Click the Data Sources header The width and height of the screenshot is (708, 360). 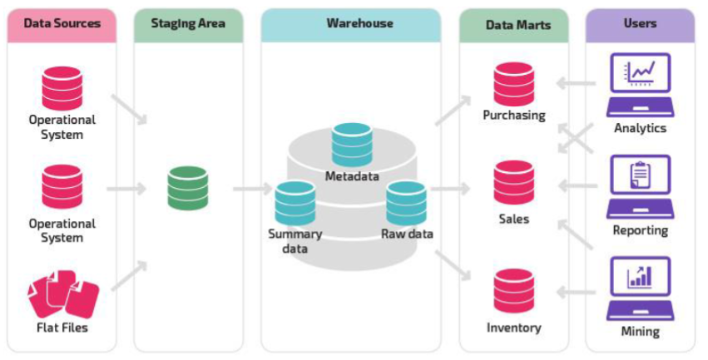click(62, 22)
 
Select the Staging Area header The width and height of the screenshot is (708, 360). click(188, 23)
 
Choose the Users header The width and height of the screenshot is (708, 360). click(640, 23)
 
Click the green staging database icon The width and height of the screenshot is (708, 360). click(188, 188)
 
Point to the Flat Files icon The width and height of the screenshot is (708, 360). click(63, 293)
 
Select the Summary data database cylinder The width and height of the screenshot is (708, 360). click(295, 202)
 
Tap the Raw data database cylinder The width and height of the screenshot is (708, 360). click(407, 202)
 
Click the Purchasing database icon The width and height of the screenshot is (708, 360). click(513, 84)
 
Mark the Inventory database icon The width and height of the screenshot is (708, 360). click(513, 290)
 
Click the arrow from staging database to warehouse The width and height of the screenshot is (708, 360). click(252, 190)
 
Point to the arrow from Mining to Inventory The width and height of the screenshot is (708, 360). click(577, 292)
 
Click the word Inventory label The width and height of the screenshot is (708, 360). click(513, 328)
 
